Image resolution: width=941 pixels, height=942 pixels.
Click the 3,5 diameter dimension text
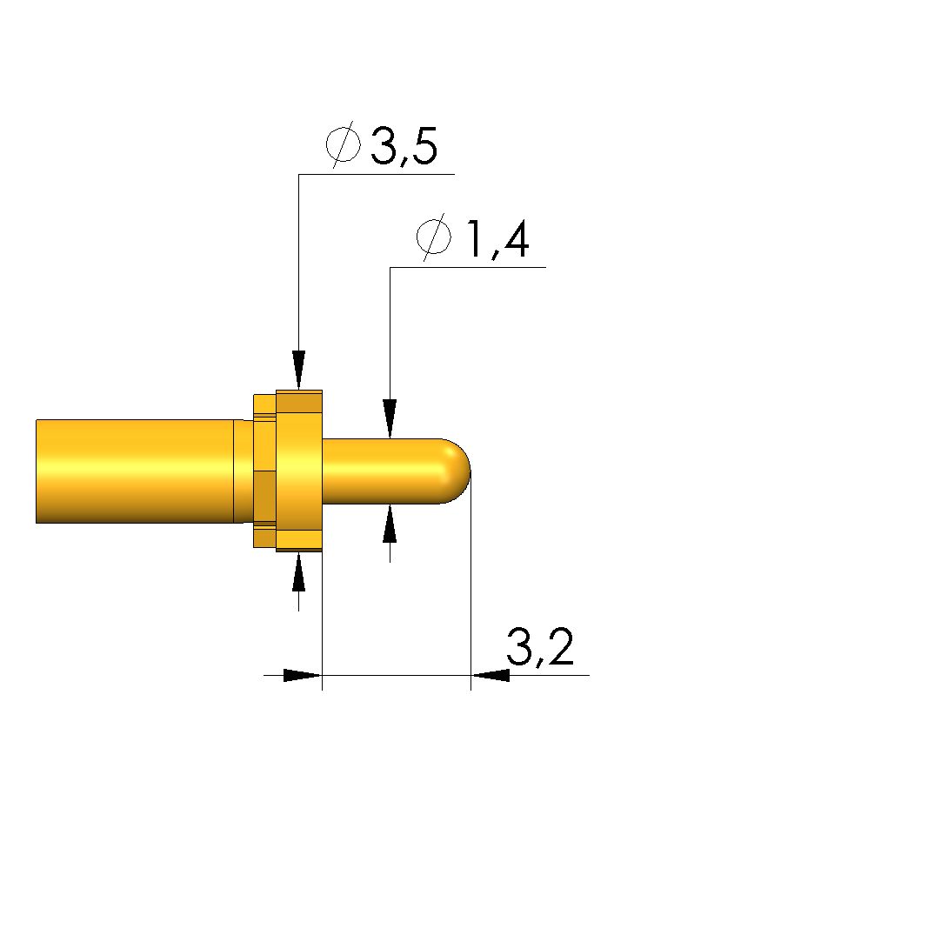point(404,146)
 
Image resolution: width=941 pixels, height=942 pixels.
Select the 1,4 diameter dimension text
point(497,239)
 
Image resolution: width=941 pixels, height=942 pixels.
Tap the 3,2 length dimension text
point(540,647)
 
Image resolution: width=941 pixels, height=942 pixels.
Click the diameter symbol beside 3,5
point(344,144)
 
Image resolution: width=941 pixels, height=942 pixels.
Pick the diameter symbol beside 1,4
point(434,237)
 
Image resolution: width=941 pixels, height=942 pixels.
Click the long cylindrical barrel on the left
point(135,471)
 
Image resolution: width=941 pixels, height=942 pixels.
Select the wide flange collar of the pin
point(299,471)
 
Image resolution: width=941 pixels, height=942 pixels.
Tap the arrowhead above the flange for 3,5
point(299,370)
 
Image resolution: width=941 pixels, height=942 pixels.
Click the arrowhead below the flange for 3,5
point(299,572)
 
